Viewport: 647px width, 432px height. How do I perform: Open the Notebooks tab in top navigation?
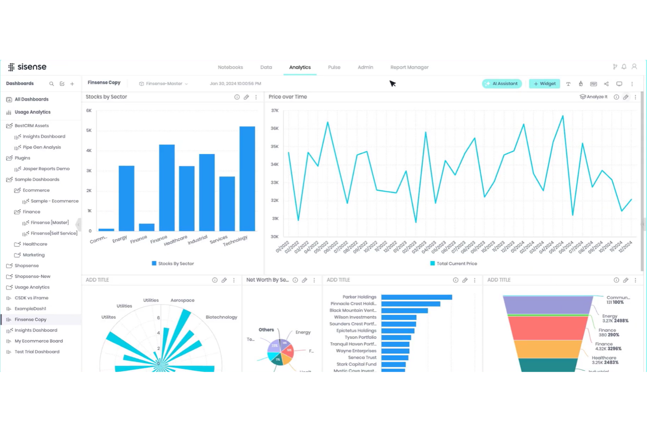tap(230, 67)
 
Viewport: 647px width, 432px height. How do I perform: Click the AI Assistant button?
tap(502, 84)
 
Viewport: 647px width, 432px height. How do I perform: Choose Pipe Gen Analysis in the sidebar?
tap(42, 148)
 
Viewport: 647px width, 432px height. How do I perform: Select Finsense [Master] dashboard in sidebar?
tap(49, 223)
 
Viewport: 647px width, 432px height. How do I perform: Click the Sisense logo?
tap(27, 67)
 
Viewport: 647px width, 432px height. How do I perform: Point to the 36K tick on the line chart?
tap(275, 129)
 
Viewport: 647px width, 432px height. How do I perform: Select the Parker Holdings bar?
tap(416, 297)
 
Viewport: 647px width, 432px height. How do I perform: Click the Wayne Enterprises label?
tap(356, 351)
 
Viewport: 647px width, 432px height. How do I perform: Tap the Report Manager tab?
tap(409, 67)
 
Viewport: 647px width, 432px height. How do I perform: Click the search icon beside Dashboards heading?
tap(52, 84)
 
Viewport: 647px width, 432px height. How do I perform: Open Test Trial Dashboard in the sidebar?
tap(37, 352)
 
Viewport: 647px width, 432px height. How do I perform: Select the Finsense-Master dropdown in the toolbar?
tap(164, 84)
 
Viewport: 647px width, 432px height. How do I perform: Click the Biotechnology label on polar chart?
tap(221, 317)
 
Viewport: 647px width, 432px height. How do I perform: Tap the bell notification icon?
tap(624, 67)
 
